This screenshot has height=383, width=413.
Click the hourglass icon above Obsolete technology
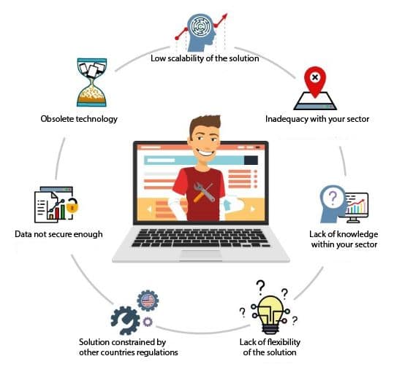pyautogui.click(x=91, y=82)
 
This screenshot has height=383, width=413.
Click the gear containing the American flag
pyautogui.click(x=148, y=301)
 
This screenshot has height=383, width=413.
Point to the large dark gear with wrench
pyautogui.click(x=126, y=321)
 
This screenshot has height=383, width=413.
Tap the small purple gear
pyautogui.click(x=148, y=322)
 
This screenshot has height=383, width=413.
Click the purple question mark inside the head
pyautogui.click(x=333, y=198)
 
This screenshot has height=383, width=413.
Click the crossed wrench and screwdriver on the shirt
pyautogui.click(x=203, y=193)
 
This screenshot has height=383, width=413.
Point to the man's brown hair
pyautogui.click(x=205, y=124)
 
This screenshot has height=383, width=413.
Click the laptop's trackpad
pyautogui.click(x=201, y=255)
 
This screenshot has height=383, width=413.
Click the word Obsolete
pyautogui.click(x=57, y=119)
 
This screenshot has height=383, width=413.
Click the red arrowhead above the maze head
pyautogui.click(x=224, y=17)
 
